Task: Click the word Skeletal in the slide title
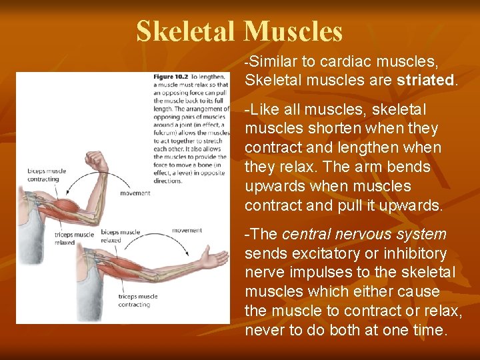point(186,31)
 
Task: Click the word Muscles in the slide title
point(293,31)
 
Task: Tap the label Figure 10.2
point(171,77)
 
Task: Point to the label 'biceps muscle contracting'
point(43,175)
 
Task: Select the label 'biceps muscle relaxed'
point(120,235)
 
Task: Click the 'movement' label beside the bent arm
point(135,193)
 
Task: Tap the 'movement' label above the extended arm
point(187,231)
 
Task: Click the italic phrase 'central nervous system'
point(364,234)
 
